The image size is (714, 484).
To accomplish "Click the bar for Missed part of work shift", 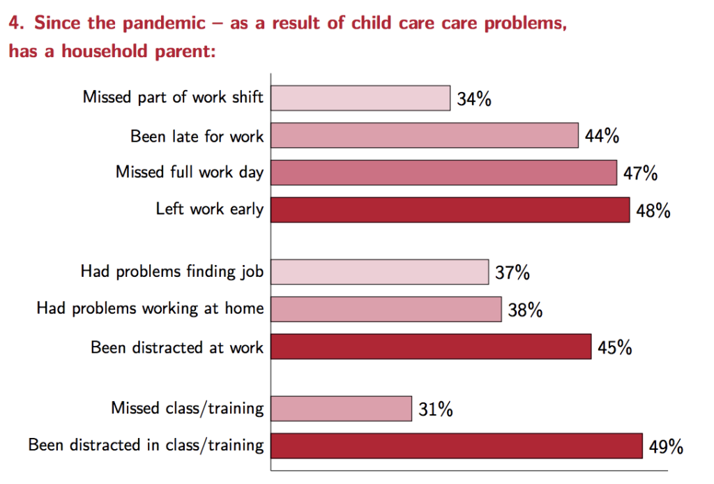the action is click(360, 98).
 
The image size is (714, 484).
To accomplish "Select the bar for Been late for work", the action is click(425, 135).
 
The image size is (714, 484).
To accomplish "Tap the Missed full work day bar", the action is click(444, 172).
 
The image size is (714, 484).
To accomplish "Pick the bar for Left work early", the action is click(450, 210).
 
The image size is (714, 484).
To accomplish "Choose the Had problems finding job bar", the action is click(380, 272).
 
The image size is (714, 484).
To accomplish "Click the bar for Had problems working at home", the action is click(386, 309).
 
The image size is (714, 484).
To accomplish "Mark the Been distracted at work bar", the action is click(431, 347).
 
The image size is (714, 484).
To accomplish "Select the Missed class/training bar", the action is click(342, 409).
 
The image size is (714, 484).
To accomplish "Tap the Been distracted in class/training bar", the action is click(457, 446).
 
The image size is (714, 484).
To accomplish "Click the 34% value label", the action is click(474, 99).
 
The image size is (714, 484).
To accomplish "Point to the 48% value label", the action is click(653, 211).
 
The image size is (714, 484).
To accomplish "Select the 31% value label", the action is click(436, 409).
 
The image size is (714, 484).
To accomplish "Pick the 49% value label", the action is click(666, 446).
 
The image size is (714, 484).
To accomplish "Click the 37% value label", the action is click(512, 273).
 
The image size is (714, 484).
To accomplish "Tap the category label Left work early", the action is click(210, 209).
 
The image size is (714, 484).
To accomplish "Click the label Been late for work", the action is click(197, 136).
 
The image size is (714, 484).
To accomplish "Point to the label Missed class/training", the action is click(188, 408).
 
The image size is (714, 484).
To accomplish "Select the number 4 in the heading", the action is click(15, 23).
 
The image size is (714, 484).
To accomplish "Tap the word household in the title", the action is click(105, 51).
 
